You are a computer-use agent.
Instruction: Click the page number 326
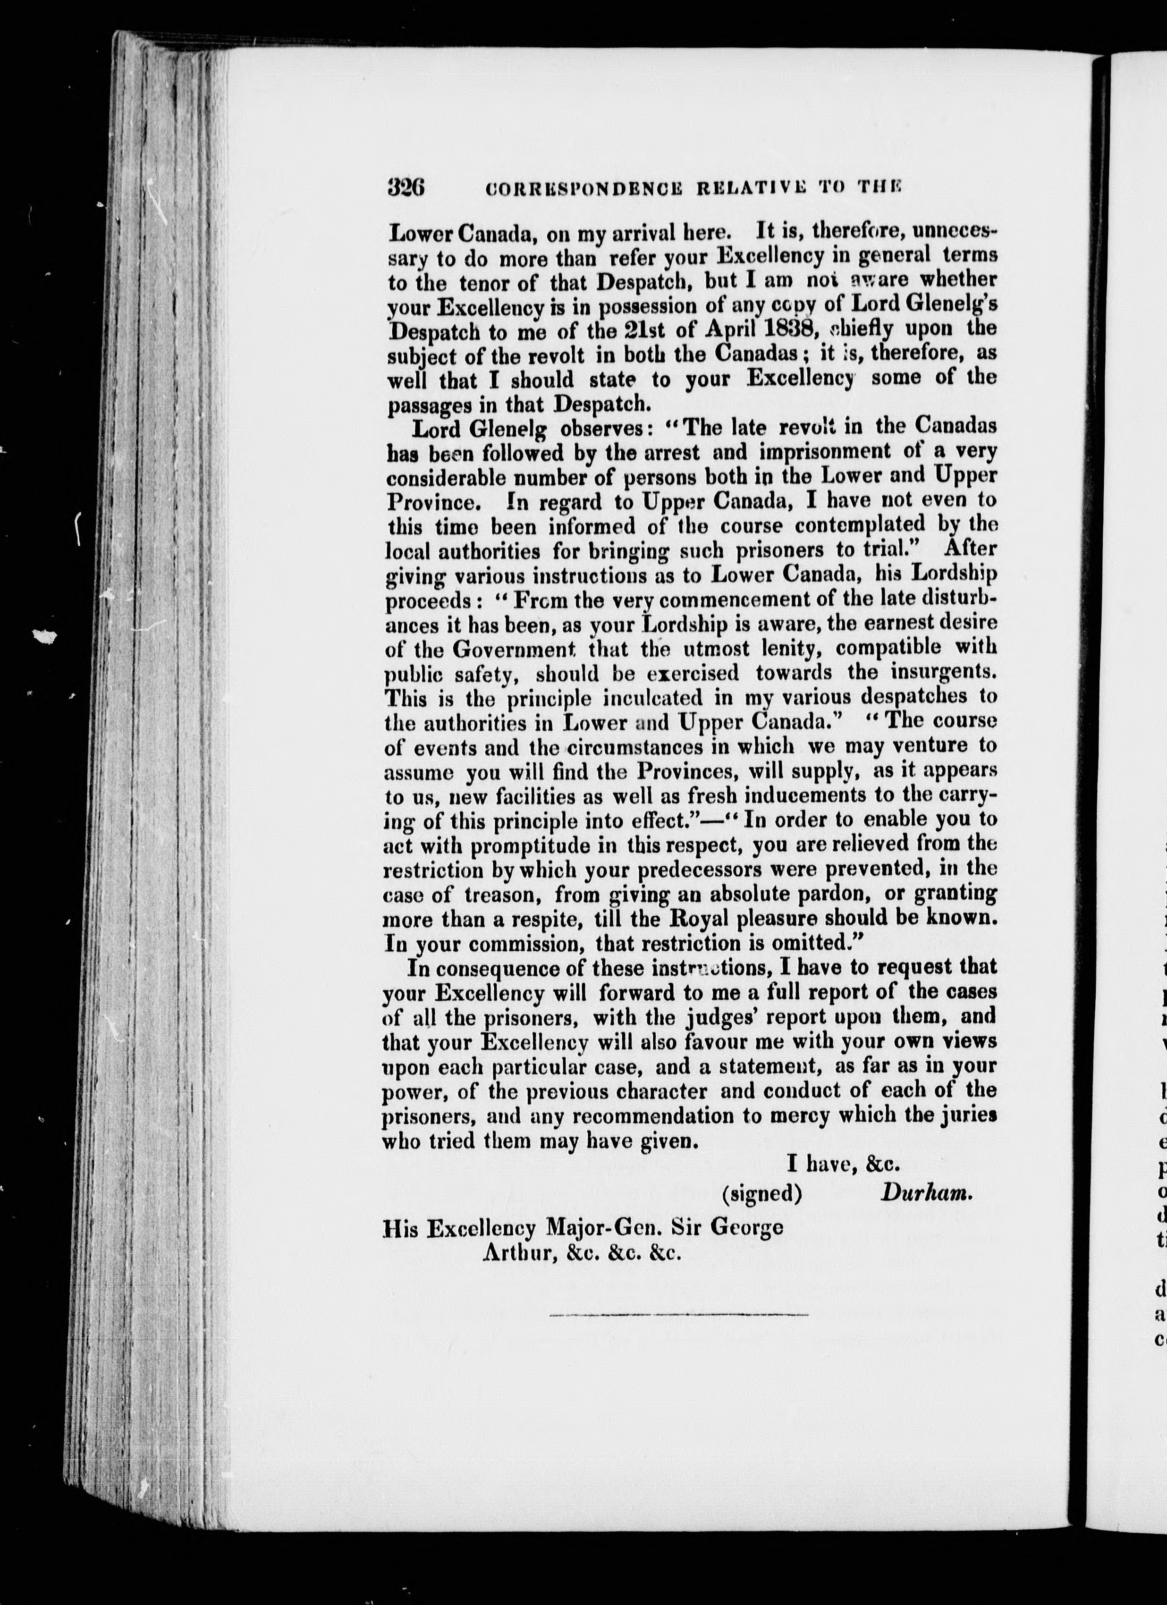[406, 187]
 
